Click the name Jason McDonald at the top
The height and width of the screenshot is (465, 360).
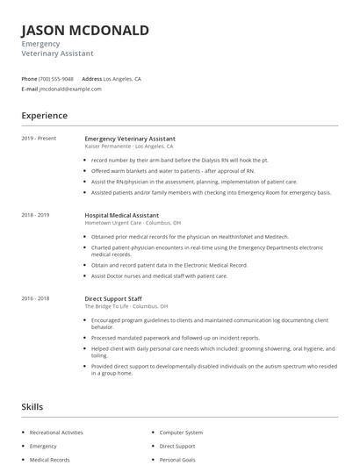click(x=85, y=31)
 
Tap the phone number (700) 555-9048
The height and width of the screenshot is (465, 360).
click(x=56, y=79)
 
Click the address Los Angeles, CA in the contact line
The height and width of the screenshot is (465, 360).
click(x=122, y=79)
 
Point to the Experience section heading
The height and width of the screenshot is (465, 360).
click(x=44, y=115)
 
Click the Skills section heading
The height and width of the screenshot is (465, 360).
click(x=32, y=407)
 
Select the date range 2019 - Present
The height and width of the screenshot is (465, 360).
click(x=39, y=139)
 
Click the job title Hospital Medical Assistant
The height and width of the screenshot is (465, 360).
click(x=122, y=215)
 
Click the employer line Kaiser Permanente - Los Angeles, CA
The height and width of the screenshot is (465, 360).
click(x=129, y=147)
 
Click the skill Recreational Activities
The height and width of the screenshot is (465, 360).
click(x=56, y=433)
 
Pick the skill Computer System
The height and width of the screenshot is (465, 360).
click(x=181, y=433)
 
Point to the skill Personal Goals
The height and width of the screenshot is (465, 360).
click(x=178, y=459)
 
